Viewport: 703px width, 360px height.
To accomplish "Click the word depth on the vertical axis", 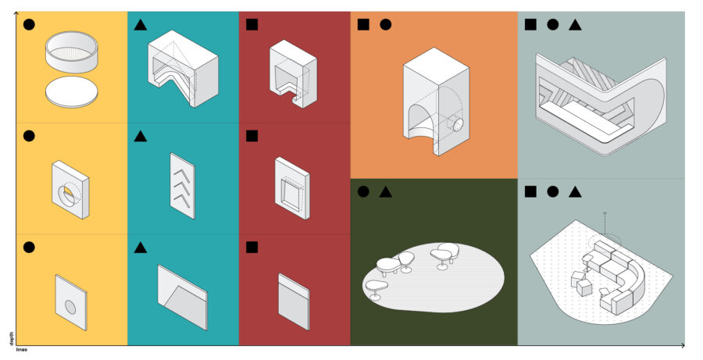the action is (x=12, y=339).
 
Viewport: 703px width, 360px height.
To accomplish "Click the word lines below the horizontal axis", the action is (x=22, y=350).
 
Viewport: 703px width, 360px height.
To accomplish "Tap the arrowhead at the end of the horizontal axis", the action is (x=683, y=345).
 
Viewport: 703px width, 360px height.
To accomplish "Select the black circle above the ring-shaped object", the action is (x=29, y=25).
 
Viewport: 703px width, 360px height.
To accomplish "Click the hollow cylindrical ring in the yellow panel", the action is (x=71, y=52).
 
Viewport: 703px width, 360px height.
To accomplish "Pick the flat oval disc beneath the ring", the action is (x=71, y=92).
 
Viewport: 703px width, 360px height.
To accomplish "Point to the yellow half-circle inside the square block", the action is (x=67, y=192).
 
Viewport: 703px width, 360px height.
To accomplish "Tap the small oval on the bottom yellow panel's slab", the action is (x=70, y=307).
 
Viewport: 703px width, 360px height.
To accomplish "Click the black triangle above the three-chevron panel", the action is (x=141, y=136).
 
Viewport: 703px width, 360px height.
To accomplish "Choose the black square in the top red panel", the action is (x=252, y=25).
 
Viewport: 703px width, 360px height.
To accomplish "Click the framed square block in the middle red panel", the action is (x=292, y=188).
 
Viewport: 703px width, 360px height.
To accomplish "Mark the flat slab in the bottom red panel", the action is (x=294, y=301).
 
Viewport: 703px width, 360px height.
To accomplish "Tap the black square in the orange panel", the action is (x=363, y=25).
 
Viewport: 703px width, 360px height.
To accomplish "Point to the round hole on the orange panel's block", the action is (x=458, y=125).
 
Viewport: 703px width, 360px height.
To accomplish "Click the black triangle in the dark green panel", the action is (x=386, y=192).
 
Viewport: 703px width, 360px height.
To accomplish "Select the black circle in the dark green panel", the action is (x=363, y=192).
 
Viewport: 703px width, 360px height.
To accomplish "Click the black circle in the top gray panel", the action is (x=553, y=25).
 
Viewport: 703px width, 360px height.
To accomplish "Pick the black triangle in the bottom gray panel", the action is (x=575, y=192).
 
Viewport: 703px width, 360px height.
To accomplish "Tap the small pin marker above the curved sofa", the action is (x=605, y=213).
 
